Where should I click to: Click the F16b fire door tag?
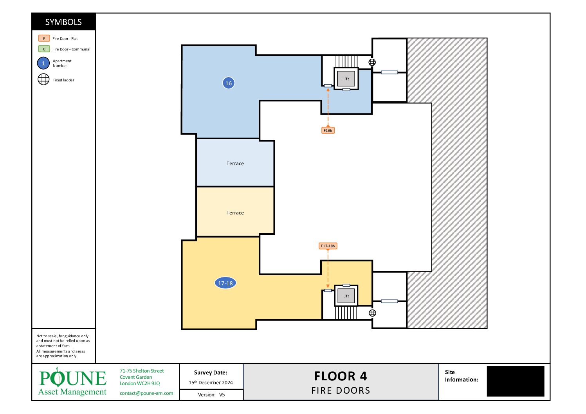[x=328, y=130]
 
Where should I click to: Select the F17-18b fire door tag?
[x=328, y=246]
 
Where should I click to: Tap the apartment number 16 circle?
[x=228, y=83]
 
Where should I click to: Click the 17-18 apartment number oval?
[x=225, y=283]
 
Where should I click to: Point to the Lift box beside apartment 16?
[x=346, y=79]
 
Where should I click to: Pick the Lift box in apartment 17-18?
[x=346, y=296]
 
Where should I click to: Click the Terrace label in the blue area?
[x=235, y=164]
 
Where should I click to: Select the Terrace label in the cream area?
[x=235, y=213]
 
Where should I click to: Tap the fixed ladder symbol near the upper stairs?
[x=372, y=62]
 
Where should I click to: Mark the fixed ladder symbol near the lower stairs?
[x=372, y=313]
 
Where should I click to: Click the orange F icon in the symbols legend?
[x=44, y=38]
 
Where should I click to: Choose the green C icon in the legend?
[x=44, y=49]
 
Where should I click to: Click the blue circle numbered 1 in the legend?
[x=43, y=63]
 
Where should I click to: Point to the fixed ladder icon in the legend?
[x=43, y=79]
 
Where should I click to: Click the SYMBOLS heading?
[x=63, y=22]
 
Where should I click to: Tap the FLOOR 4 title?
[x=341, y=376]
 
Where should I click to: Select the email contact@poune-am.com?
[x=146, y=393]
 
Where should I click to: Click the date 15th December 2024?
[x=211, y=382]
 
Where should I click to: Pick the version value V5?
[x=222, y=395]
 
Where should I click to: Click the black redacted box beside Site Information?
[x=516, y=381]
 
